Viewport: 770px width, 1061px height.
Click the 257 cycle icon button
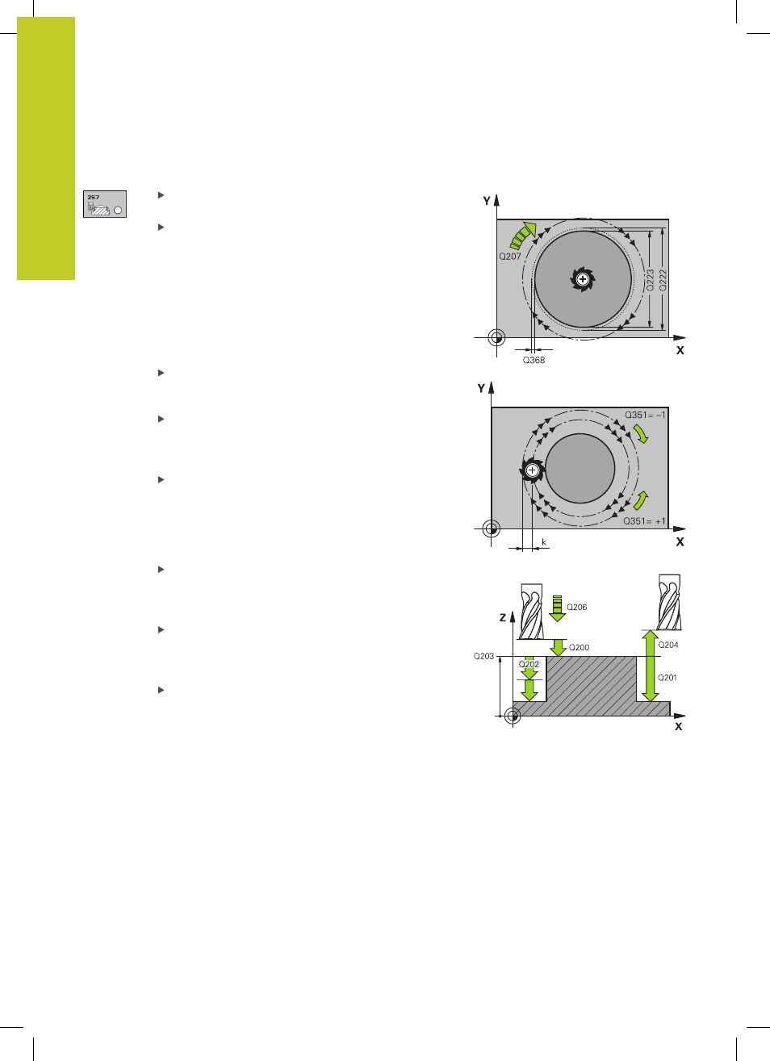105,204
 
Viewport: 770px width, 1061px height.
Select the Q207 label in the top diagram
510,257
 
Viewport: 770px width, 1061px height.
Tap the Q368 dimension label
534,360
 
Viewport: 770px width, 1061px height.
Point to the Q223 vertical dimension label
650,280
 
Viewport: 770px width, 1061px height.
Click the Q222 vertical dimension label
663,280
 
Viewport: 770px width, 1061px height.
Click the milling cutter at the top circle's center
583,279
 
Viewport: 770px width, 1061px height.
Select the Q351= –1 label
645,415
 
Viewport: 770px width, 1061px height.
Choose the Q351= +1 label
644,521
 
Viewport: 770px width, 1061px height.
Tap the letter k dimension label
544,542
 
